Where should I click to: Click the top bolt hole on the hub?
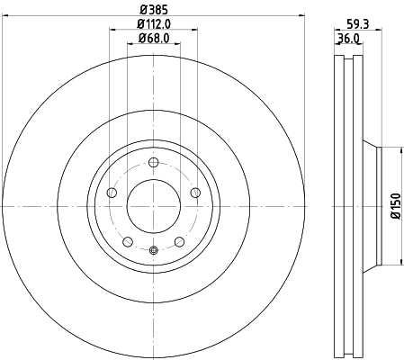point(154,162)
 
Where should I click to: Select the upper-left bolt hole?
point(112,193)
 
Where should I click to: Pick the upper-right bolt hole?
point(196,193)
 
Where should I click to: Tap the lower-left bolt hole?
point(128,241)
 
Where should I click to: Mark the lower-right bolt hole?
point(180,241)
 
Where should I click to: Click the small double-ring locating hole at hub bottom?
point(154,251)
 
